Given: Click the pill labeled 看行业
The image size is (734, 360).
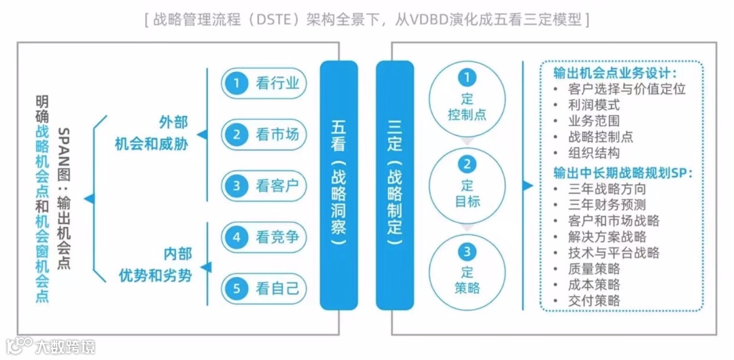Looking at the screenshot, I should [x=264, y=84].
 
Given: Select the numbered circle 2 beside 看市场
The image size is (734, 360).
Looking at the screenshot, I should [x=237, y=134].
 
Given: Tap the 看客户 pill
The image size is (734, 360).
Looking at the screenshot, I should [x=264, y=185].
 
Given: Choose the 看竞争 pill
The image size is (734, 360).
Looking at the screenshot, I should [x=264, y=237].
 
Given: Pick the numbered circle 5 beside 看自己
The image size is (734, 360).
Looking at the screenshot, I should [x=237, y=288].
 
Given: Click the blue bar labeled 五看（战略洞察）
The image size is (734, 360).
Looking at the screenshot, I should [x=338, y=185].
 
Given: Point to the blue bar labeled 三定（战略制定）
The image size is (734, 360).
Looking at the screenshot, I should [x=395, y=185].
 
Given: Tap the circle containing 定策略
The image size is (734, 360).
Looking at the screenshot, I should [x=467, y=270].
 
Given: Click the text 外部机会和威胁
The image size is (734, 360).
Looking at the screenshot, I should [x=152, y=133].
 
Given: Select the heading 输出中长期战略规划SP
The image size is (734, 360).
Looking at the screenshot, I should [x=623, y=173].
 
